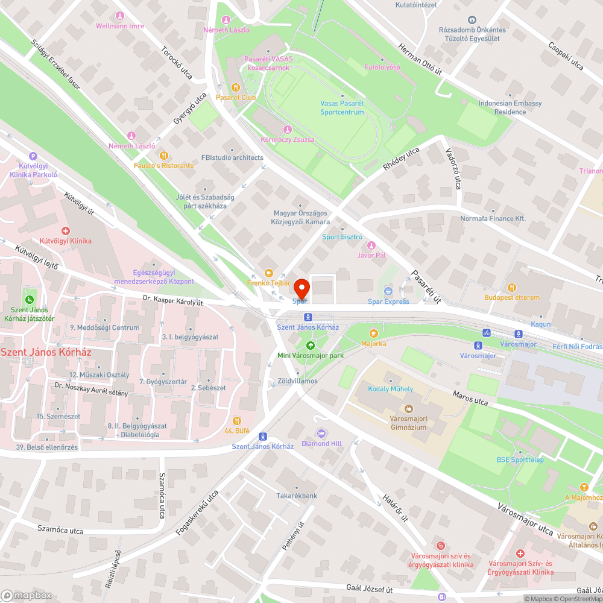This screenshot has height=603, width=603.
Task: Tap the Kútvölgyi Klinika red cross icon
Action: tap(66, 231)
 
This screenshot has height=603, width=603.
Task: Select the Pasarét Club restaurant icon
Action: tap(236, 87)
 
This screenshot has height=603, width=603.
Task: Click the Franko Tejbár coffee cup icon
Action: tap(269, 273)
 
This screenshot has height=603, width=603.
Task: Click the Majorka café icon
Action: tap(373, 333)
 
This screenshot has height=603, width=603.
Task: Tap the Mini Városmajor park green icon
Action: tap(310, 346)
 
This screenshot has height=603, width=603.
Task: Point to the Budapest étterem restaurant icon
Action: tap(512, 288)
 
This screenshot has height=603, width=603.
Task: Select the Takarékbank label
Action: tap(297, 496)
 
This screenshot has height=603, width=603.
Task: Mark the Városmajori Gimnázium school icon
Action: tap(408, 408)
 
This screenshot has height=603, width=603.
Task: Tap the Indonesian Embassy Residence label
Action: tap(501, 107)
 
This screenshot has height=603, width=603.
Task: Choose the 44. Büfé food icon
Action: tap(236, 420)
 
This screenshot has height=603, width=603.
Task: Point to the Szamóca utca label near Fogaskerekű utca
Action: tap(60, 530)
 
